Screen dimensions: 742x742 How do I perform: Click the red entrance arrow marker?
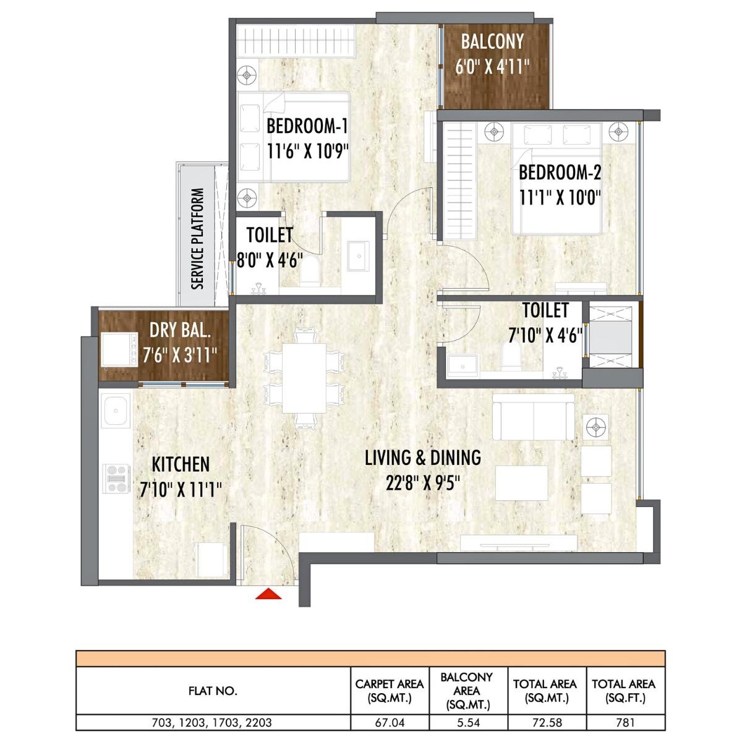[x=269, y=594]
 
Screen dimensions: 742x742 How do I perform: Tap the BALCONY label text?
[x=492, y=42]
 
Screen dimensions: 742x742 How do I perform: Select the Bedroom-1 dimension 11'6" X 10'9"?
[x=308, y=150]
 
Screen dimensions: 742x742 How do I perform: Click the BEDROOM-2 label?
[x=560, y=172]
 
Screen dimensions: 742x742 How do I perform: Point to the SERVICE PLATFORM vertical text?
[x=197, y=239]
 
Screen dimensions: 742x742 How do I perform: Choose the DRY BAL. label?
[x=180, y=330]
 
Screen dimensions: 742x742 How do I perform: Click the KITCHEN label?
[x=181, y=464]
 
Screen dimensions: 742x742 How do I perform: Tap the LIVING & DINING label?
[x=423, y=458]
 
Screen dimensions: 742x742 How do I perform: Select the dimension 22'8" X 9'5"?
[x=423, y=483]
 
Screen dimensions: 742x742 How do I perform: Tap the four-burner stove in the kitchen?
[x=115, y=479]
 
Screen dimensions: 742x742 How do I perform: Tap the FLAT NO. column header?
[x=212, y=691]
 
